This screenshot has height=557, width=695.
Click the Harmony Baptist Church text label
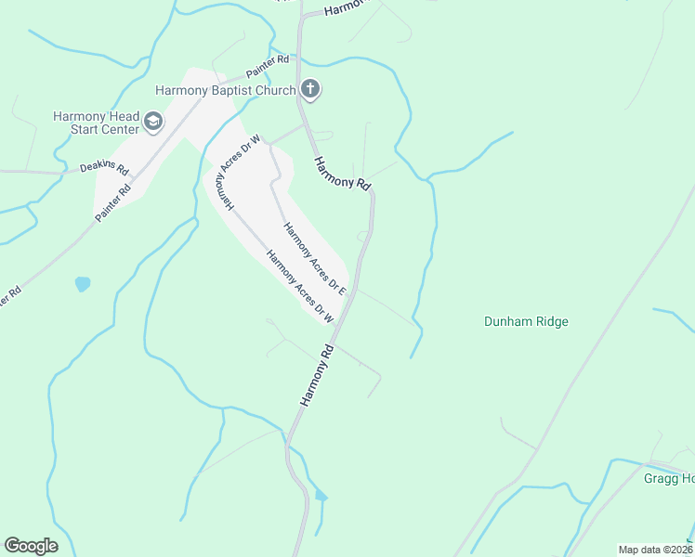[224, 90]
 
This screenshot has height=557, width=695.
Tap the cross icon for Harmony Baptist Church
[310, 90]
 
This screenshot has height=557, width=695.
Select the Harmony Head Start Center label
[96, 123]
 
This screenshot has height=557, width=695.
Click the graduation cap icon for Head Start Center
[152, 122]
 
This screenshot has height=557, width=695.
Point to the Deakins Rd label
[102, 167]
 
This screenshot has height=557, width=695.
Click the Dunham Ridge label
[526, 322]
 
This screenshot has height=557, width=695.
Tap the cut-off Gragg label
[669, 478]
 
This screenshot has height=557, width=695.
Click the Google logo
[31, 546]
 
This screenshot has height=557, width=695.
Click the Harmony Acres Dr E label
[315, 259]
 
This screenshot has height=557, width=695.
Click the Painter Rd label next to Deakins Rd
[112, 202]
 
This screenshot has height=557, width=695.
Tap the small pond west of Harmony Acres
[83, 284]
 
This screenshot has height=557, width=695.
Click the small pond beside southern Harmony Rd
[321, 496]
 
